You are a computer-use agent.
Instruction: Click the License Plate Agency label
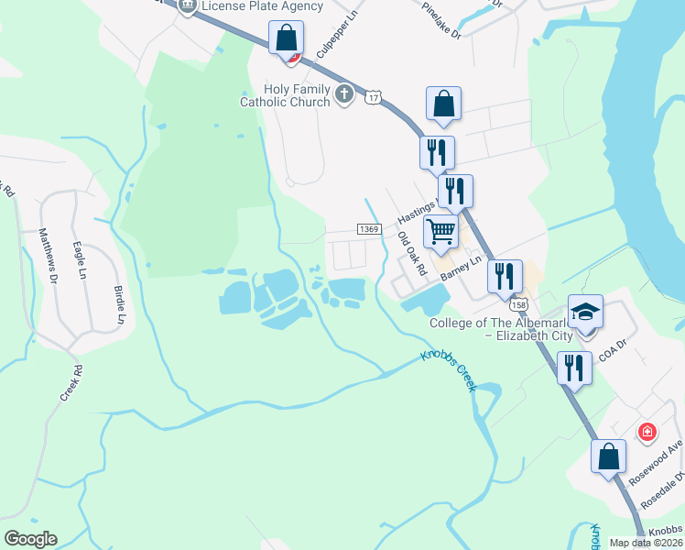pyautogui.click(x=263, y=6)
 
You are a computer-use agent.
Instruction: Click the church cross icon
pyautogui.click(x=343, y=93)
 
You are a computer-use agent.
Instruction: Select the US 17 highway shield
pyautogui.click(x=372, y=97)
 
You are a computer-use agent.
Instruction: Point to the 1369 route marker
pyautogui.click(x=368, y=229)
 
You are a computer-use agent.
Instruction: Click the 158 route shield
pyautogui.click(x=519, y=303)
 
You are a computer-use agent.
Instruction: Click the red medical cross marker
pyautogui.click(x=647, y=431)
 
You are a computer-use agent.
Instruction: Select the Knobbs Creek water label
pyautogui.click(x=449, y=369)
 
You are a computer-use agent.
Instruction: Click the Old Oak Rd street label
pyautogui.click(x=411, y=254)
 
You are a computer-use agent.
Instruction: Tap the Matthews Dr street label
pyautogui.click(x=46, y=256)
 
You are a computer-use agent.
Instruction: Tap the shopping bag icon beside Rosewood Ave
pyautogui.click(x=608, y=456)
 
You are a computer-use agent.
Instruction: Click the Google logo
pyautogui.click(x=30, y=539)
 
